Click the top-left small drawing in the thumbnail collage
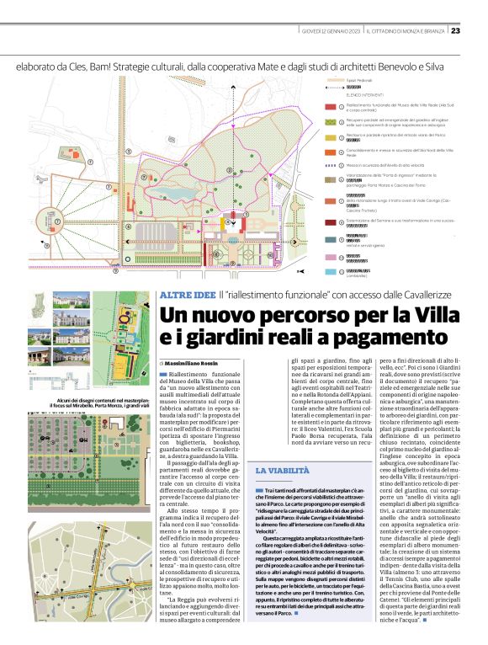point(67,301)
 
